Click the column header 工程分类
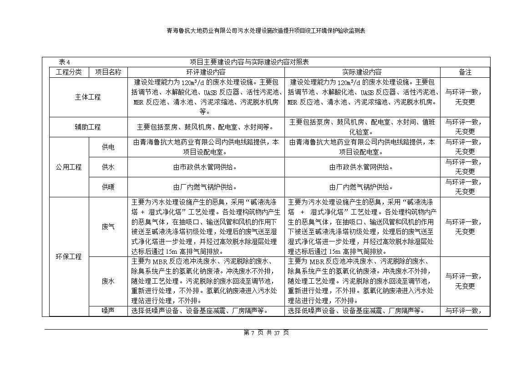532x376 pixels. point(69,72)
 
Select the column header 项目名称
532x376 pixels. point(108,72)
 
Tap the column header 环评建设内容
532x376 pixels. point(206,72)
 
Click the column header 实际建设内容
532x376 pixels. point(362,72)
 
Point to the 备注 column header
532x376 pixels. point(465,72)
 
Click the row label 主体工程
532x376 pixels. point(88,97)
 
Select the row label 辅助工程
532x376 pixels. point(88,127)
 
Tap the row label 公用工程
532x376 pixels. point(69,167)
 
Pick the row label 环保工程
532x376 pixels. point(69,256)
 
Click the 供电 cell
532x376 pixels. point(108,147)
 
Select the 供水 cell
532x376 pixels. point(108,167)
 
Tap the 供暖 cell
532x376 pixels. point(108,187)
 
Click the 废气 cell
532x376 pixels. point(108,226)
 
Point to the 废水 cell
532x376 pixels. point(108,281)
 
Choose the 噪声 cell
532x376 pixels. point(108,311)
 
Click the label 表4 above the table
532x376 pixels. point(64,62)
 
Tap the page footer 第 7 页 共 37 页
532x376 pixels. point(266,333)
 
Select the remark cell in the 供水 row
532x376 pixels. point(465,167)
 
